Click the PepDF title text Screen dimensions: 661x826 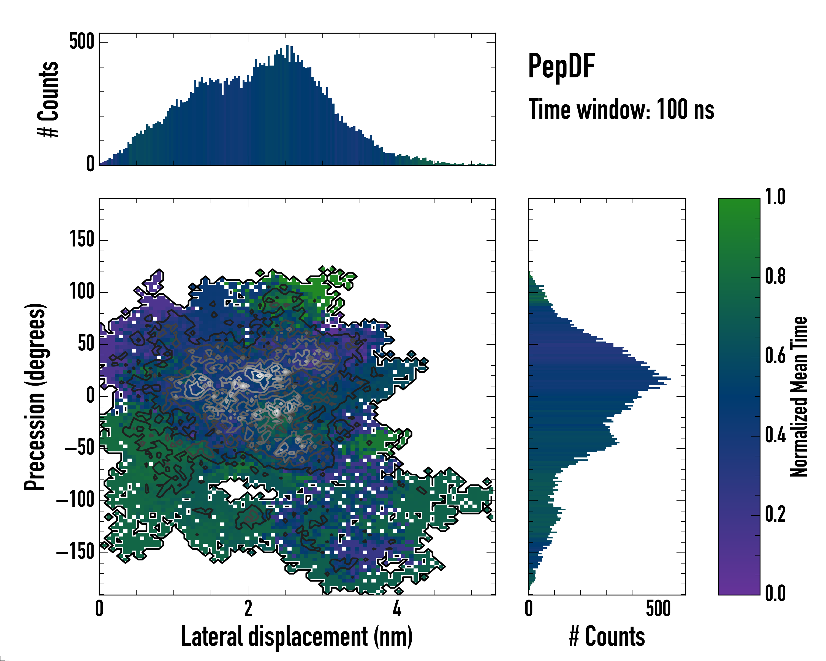(561, 66)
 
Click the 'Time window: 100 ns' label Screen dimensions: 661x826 (621, 110)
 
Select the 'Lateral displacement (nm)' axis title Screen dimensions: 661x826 (297, 636)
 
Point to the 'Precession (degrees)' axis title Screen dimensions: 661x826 (35, 397)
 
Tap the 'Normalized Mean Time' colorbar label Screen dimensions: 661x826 (799, 397)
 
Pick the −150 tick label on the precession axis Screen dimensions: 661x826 (75, 552)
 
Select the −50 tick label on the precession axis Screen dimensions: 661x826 (79, 448)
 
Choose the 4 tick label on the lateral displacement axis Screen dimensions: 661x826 (397, 608)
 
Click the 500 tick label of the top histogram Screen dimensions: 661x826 (81, 41)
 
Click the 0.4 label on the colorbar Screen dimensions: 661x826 (775, 435)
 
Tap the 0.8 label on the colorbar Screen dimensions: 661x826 (775, 277)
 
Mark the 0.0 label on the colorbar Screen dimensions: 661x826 (775, 593)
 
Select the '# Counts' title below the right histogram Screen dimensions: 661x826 (607, 636)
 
